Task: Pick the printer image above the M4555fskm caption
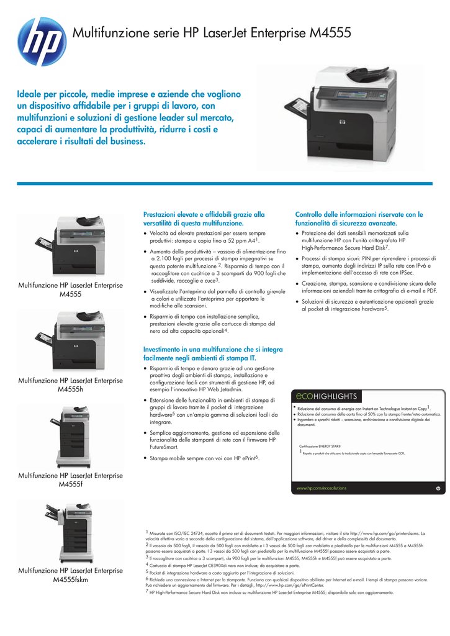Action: [68, 530]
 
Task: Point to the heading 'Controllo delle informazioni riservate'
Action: [359, 218]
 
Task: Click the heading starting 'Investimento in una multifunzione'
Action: [212, 354]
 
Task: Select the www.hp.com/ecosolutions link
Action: [322, 488]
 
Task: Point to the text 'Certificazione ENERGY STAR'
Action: [320, 446]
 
